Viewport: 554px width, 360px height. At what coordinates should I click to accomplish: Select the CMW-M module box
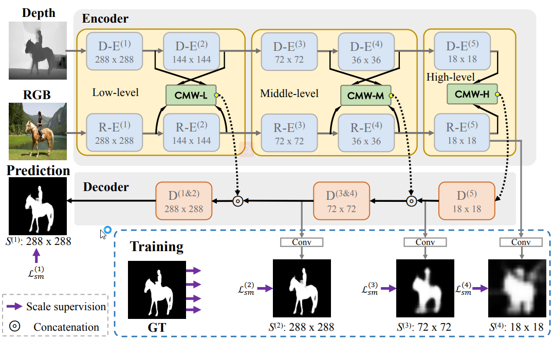[366, 95]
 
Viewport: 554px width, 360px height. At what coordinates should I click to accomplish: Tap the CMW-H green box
[472, 94]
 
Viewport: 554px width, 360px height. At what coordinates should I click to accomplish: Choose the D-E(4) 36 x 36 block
[366, 52]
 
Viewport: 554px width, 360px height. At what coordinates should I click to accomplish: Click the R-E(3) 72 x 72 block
[289, 132]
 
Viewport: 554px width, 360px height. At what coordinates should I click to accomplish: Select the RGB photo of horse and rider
[38, 132]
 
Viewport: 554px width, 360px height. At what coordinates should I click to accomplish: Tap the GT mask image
[156, 288]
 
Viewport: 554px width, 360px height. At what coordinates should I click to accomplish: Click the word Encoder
[105, 19]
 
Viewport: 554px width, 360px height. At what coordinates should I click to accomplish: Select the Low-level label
[116, 93]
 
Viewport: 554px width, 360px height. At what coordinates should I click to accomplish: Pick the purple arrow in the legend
[15, 307]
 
